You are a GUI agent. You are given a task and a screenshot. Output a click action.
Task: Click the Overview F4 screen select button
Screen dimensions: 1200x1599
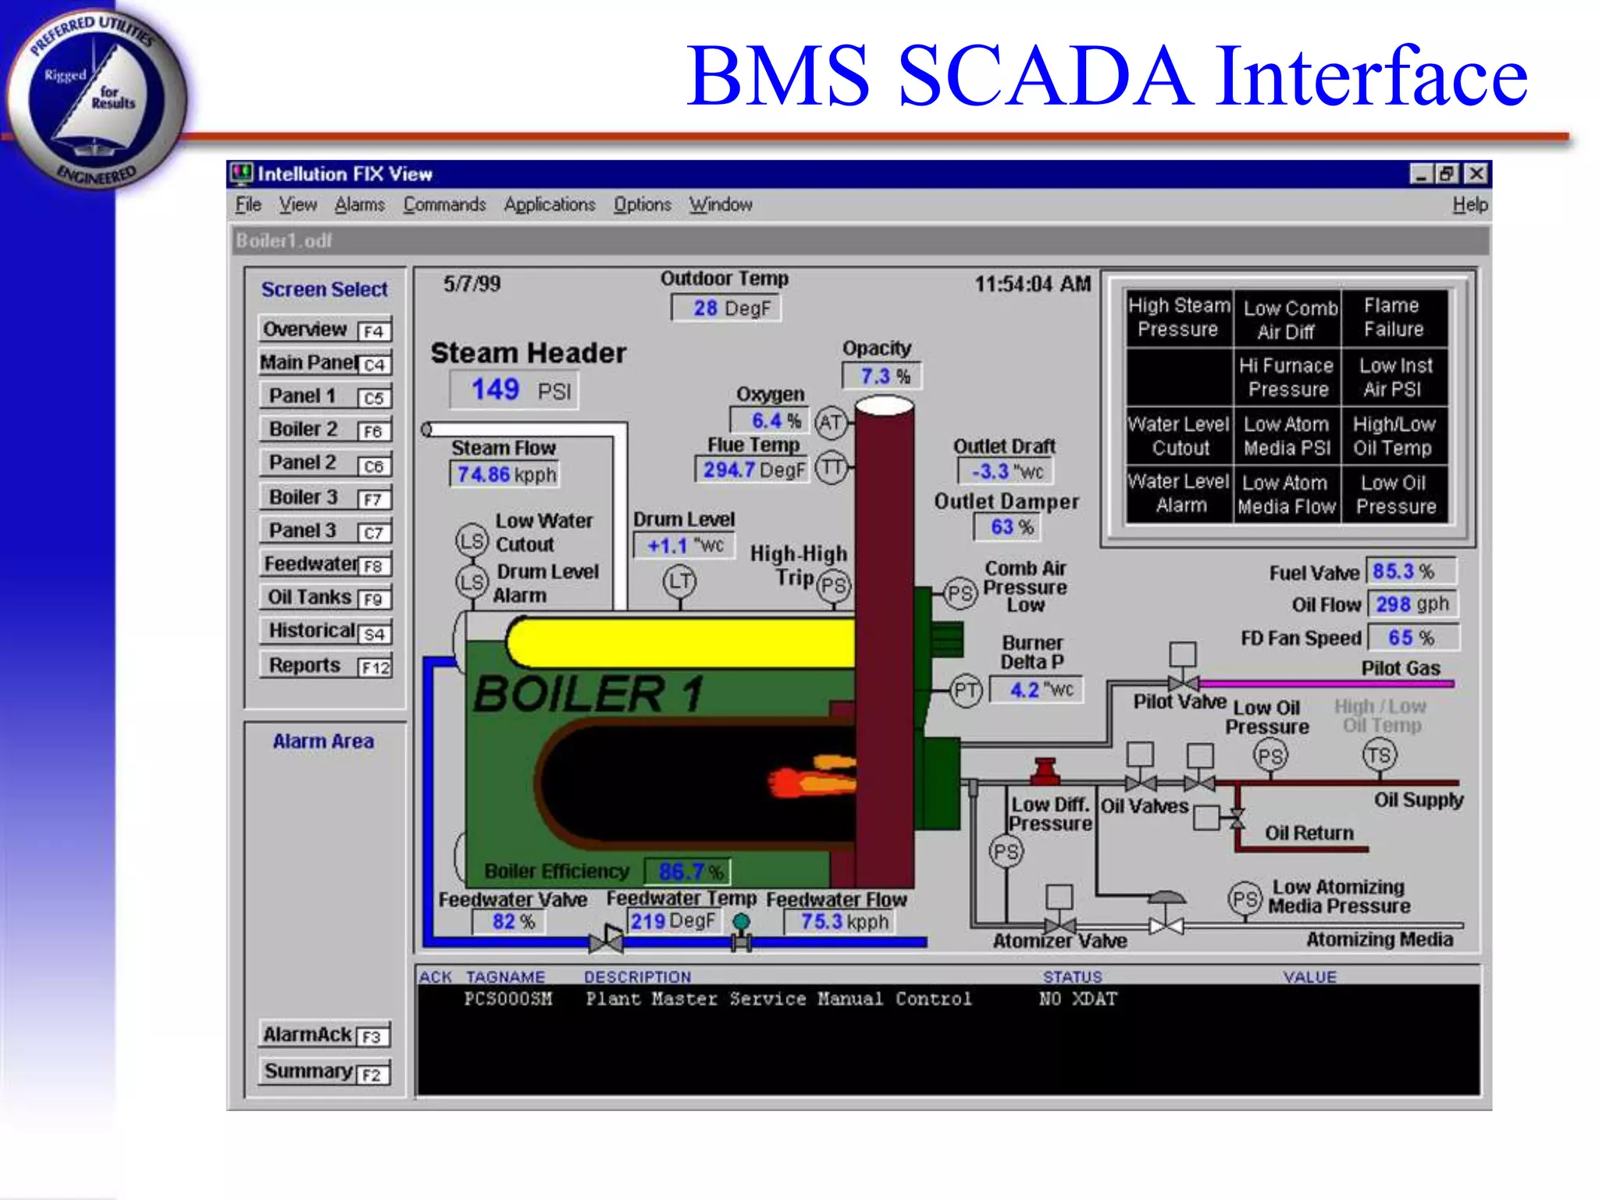[325, 330]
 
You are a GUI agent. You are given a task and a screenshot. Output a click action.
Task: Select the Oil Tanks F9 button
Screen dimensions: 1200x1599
[325, 598]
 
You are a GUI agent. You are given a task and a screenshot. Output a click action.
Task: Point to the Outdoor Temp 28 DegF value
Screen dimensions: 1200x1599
[726, 309]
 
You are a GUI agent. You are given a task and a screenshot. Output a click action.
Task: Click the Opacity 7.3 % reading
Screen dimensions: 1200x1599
[881, 377]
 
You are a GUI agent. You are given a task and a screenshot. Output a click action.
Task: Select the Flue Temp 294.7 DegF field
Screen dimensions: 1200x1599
[752, 470]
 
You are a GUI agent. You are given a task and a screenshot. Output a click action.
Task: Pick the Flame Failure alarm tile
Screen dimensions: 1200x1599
[1394, 318]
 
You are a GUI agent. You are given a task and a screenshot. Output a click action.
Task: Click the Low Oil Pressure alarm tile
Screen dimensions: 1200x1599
[1395, 495]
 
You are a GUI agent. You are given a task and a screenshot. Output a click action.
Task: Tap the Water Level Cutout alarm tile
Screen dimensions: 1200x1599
[1180, 436]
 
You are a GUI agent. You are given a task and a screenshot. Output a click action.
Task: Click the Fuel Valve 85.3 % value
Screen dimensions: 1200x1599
[1411, 572]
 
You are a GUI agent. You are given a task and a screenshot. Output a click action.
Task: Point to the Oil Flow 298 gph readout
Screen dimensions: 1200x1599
[1412, 605]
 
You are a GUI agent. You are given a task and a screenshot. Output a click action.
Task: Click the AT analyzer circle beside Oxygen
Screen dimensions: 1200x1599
[831, 423]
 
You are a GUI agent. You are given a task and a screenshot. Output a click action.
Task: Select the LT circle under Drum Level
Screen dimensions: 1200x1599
[680, 580]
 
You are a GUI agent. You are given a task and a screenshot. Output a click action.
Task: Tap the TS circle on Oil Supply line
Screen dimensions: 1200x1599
[1379, 755]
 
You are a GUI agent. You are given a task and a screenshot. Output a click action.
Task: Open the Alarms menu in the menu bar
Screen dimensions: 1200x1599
[359, 205]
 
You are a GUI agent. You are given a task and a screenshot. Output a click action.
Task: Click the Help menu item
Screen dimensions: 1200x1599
[1469, 205]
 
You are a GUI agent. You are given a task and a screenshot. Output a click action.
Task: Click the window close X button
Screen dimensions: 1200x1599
[1476, 173]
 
